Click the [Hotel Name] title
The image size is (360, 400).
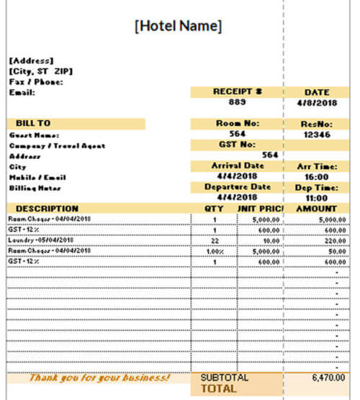coord(179,26)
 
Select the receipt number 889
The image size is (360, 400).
coord(238,102)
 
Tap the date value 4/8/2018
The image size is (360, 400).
coord(317,102)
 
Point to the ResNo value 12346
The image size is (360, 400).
coord(317,134)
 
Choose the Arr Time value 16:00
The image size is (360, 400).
coord(317,176)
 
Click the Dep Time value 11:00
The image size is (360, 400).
coord(317,197)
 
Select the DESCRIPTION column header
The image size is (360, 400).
coord(42,209)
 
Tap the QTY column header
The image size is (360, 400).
coord(215,209)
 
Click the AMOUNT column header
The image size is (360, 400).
coord(317,209)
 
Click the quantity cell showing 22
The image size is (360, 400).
coord(215,240)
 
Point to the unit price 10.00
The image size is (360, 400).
coord(271,240)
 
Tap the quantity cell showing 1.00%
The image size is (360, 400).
coord(215,250)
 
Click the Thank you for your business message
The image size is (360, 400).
coord(100,377)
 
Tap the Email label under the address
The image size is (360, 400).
coord(22,92)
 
